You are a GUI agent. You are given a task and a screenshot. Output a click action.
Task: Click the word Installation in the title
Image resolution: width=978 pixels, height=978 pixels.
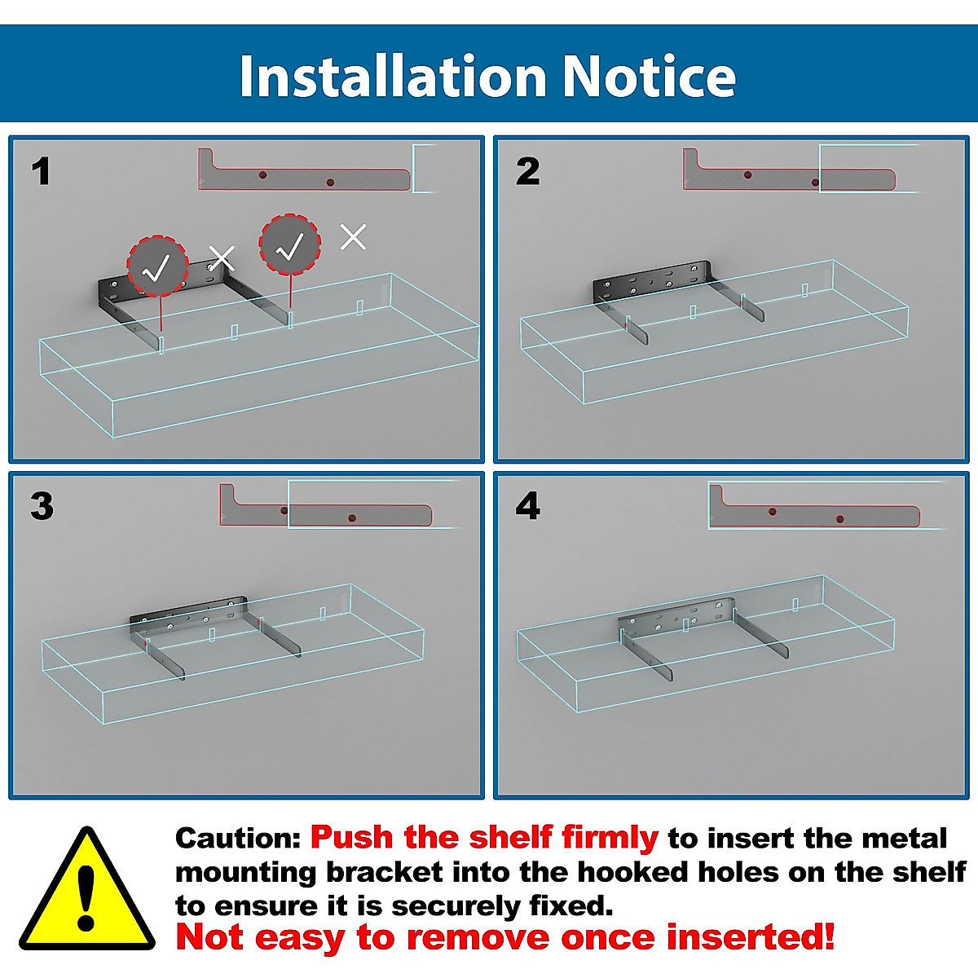(392, 76)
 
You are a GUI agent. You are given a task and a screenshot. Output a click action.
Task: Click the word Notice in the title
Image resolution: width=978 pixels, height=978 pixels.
(649, 76)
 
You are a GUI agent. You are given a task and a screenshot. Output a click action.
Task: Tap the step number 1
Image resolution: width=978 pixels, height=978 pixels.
(41, 171)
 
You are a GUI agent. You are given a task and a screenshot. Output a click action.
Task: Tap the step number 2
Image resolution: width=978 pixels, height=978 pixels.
(528, 171)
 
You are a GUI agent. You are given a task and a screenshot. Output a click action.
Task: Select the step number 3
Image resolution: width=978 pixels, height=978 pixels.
(42, 506)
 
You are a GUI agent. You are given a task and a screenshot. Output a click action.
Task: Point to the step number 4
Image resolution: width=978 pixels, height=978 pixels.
(528, 506)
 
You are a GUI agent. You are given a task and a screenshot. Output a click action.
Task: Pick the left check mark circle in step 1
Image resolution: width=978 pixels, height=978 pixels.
(157, 267)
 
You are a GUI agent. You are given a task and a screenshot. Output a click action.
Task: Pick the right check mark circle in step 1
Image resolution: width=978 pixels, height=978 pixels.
(290, 244)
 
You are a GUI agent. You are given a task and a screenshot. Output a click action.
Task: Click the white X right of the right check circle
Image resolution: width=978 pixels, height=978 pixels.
(353, 237)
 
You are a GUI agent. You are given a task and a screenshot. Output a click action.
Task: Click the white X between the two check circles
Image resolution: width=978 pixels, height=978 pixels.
(222, 258)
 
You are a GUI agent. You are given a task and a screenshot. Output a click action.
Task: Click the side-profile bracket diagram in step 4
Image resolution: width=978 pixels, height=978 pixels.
(814, 506)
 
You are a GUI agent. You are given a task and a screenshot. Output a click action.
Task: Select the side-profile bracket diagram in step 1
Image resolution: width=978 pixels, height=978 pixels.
(303, 170)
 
